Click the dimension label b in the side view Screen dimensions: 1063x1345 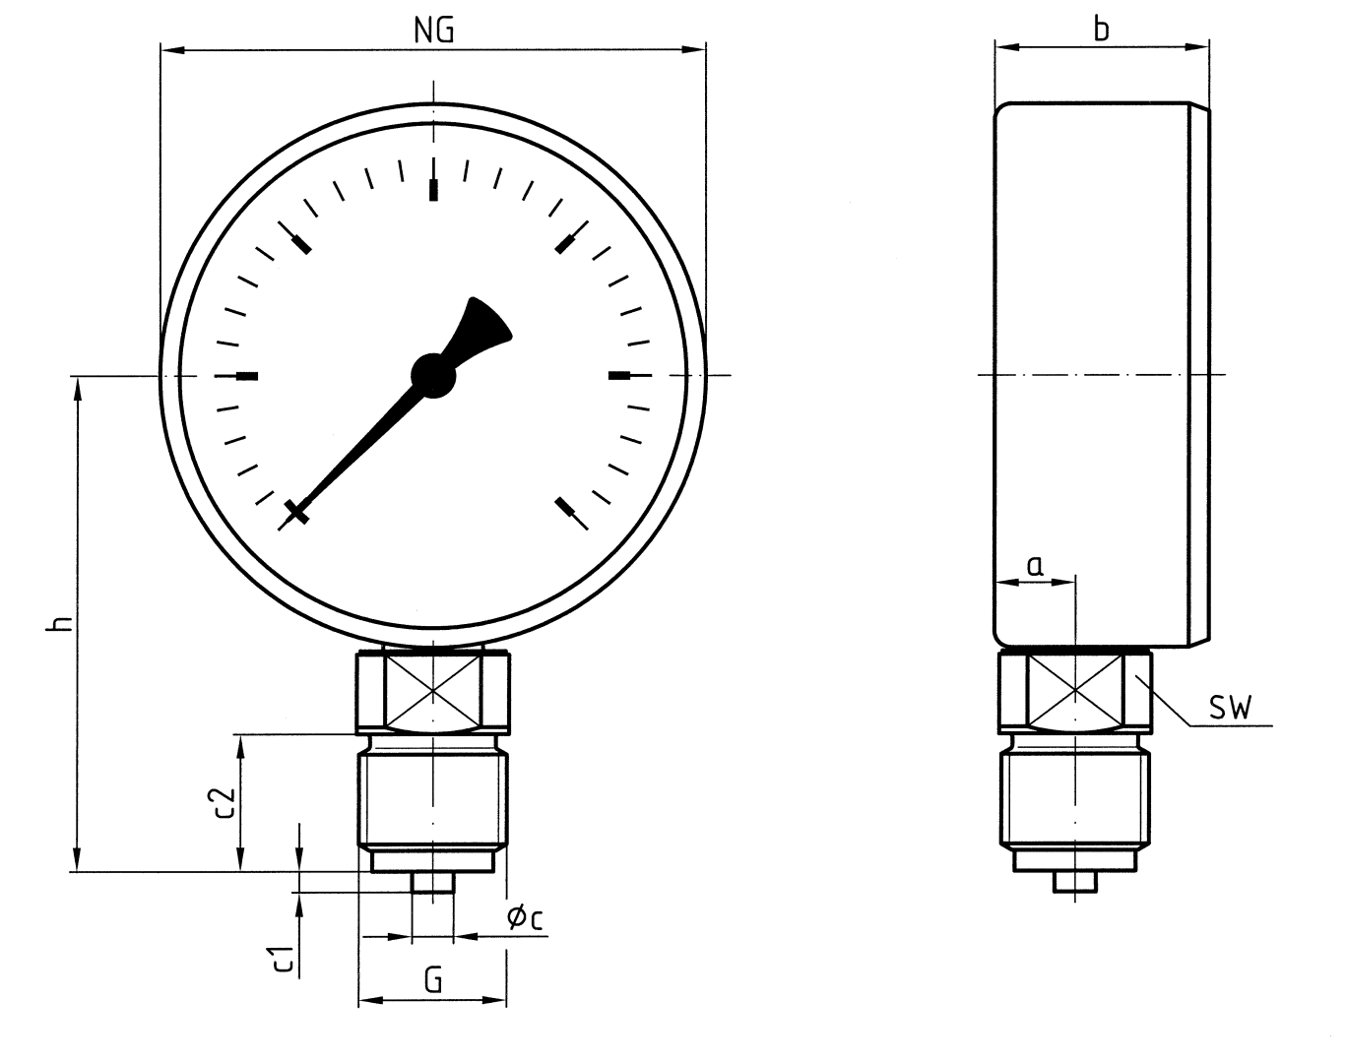[1102, 30]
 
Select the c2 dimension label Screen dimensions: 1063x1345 [224, 802]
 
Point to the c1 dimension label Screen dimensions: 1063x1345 [283, 957]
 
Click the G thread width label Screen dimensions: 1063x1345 [433, 979]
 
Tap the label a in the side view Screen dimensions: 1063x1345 [1035, 565]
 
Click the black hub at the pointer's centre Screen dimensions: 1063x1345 [433, 375]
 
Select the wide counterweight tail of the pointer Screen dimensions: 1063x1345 [484, 325]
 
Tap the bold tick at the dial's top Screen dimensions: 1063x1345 [433, 189]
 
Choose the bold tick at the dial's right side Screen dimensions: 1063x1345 [619, 375]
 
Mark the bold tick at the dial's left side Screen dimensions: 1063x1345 [248, 375]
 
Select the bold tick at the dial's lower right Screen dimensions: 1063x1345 [565, 507]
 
